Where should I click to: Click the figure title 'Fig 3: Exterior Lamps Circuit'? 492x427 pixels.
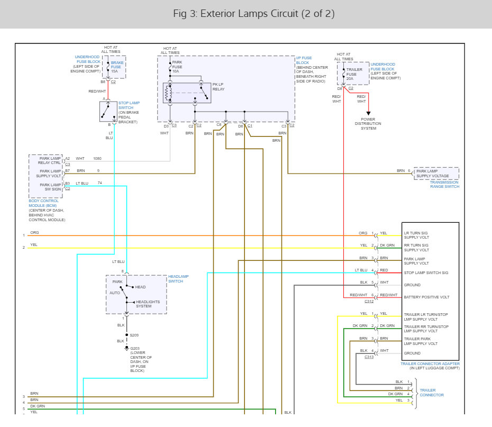235,13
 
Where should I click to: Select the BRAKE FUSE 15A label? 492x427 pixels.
117,67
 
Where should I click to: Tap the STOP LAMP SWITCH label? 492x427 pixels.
129,105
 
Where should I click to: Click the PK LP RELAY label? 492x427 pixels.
218,87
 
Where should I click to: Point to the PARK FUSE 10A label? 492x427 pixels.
177,67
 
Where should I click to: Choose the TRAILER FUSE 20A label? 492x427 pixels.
354,74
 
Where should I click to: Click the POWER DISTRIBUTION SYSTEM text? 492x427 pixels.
368,124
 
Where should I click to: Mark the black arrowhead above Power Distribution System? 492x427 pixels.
368,113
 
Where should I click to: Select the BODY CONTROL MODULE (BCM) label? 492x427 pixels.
43,203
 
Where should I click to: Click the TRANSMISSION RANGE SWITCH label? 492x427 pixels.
444,184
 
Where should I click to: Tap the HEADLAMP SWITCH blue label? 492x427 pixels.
178,279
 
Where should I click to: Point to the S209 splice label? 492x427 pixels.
134,335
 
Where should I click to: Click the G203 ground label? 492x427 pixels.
135,348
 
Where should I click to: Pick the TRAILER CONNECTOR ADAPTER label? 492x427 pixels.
430,364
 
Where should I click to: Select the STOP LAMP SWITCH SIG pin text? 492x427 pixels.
426,272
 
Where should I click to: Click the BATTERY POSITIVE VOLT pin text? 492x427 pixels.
426,297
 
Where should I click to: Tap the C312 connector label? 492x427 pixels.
369,301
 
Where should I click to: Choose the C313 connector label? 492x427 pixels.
369,357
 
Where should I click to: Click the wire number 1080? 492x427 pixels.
97,158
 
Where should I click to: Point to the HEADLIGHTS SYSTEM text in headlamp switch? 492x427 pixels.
148,304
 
